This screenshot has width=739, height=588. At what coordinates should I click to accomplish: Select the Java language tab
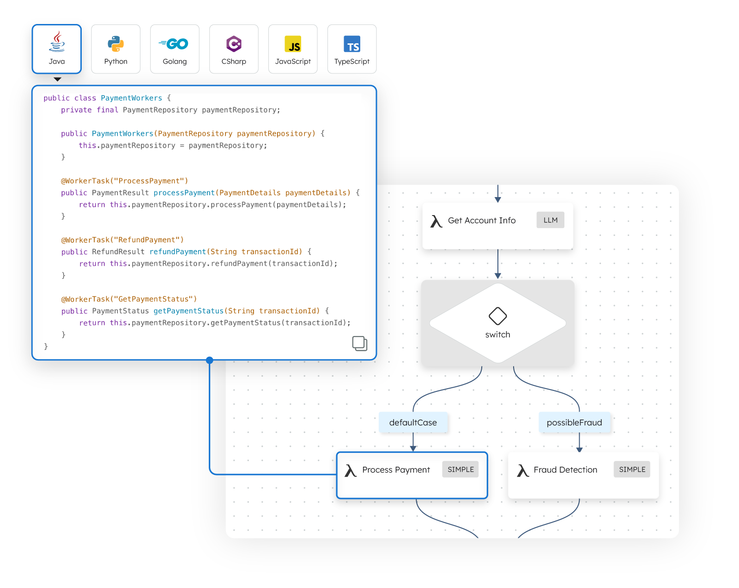click(x=57, y=49)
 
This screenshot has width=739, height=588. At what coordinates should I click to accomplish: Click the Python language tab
click(x=115, y=49)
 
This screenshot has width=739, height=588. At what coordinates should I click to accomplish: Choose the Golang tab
click(x=175, y=49)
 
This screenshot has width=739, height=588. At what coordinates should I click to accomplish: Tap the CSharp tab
click(x=234, y=49)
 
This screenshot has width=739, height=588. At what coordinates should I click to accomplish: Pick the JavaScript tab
click(x=293, y=49)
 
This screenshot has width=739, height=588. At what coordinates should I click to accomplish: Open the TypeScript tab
click(x=352, y=49)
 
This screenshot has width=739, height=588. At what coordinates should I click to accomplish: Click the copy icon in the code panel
click(x=359, y=343)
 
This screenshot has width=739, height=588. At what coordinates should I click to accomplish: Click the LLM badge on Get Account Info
click(x=550, y=220)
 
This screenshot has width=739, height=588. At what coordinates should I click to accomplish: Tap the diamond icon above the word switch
click(x=497, y=316)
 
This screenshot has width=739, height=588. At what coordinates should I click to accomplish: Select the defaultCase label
click(x=413, y=422)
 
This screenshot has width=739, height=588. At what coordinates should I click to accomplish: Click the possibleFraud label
click(x=574, y=422)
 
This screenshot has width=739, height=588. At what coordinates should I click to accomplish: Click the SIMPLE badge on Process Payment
click(x=460, y=469)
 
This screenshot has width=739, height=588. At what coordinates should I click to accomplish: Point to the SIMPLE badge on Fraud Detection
click(x=632, y=469)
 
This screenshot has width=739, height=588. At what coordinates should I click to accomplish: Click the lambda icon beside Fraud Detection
click(x=523, y=470)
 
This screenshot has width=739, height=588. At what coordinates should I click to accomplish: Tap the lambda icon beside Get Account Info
click(x=436, y=221)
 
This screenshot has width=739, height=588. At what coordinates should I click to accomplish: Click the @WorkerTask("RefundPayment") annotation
click(x=122, y=240)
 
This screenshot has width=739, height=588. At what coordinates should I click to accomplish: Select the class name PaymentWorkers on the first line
click(x=131, y=98)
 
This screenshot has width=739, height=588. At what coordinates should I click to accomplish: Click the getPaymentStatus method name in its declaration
click(x=188, y=311)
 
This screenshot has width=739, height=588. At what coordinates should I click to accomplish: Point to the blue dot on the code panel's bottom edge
click(x=210, y=360)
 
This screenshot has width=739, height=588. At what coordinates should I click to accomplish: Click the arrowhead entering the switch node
click(x=498, y=276)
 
